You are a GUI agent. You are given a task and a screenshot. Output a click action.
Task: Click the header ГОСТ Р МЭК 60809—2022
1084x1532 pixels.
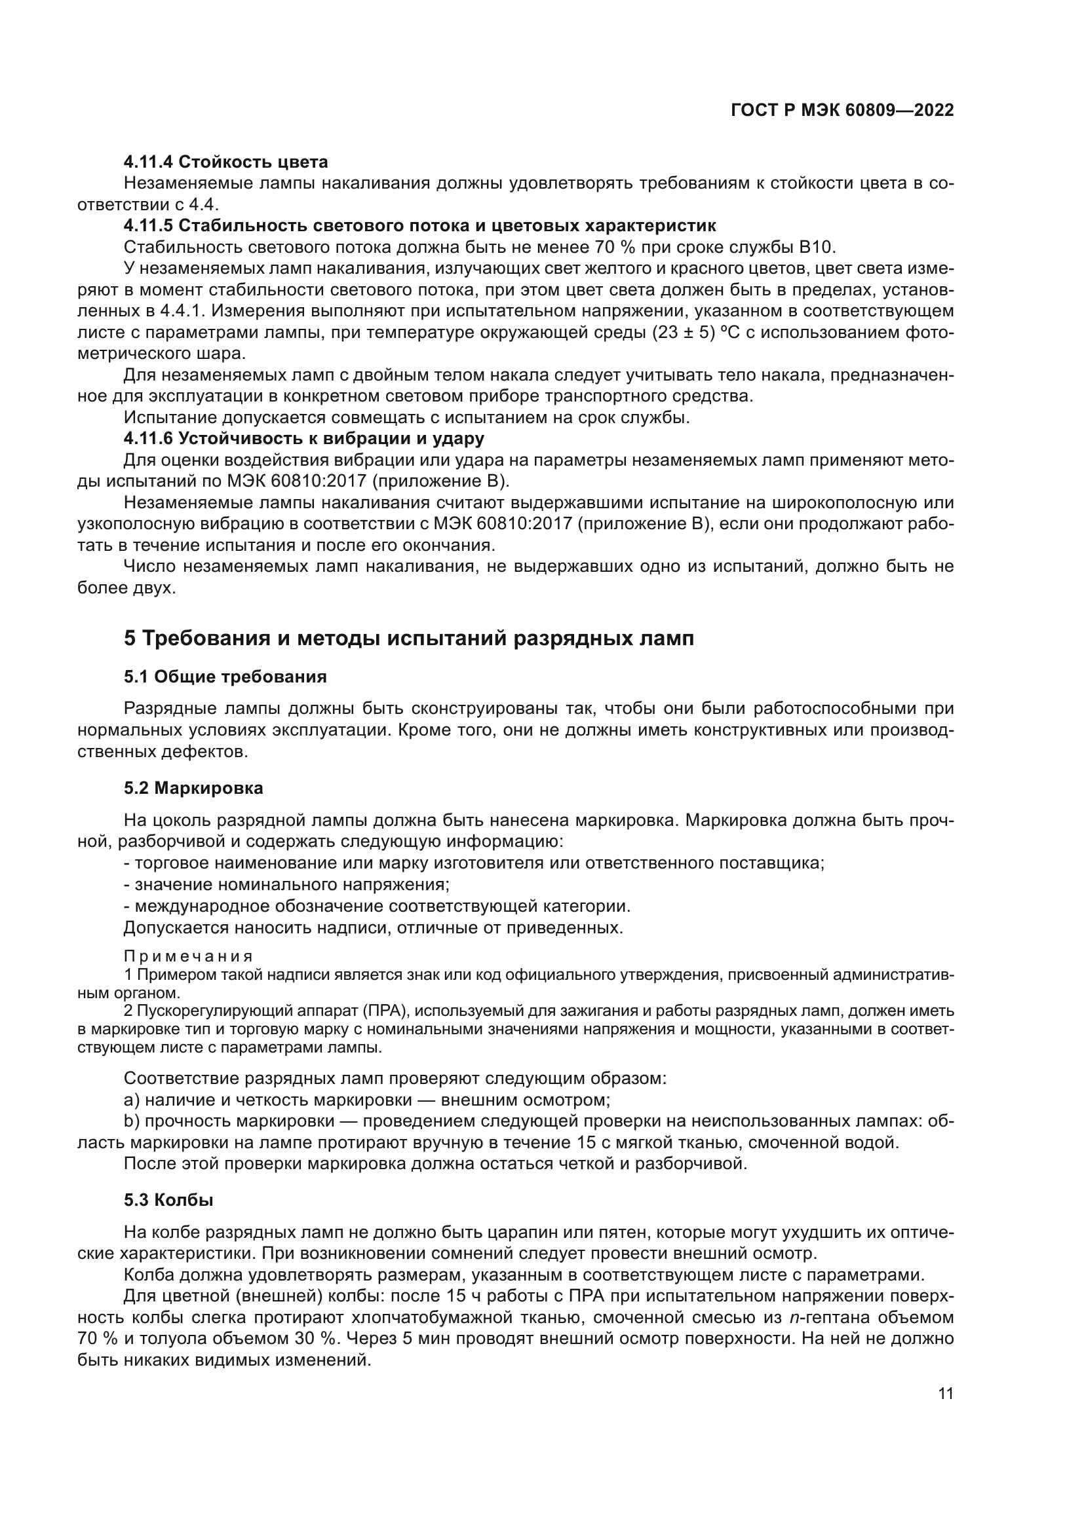tap(842, 111)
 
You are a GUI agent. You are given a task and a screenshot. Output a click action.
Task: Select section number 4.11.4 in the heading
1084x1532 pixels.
tap(149, 162)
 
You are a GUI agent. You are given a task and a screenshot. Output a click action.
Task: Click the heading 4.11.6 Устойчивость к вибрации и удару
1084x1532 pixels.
tap(303, 439)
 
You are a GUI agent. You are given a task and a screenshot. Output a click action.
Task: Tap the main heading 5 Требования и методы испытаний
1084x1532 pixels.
tap(408, 639)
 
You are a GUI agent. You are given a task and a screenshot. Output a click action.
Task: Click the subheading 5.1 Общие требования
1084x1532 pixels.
tap(225, 677)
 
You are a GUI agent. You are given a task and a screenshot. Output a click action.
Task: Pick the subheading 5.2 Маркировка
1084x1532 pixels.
tap(193, 789)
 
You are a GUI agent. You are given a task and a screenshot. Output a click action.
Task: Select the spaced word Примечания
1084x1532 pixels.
tap(188, 957)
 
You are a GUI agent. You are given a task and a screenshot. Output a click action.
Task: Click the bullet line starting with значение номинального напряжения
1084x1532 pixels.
tap(287, 886)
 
